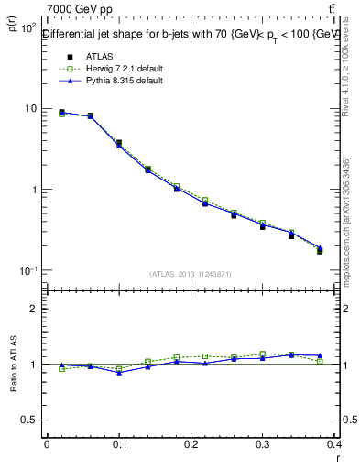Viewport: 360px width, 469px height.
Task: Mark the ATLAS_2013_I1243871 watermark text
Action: coord(190,274)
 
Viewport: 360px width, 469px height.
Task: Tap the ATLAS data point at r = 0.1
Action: coord(119,143)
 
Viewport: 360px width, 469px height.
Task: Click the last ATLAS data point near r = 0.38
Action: coord(320,250)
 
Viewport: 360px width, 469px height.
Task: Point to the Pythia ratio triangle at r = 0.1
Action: coord(119,373)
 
